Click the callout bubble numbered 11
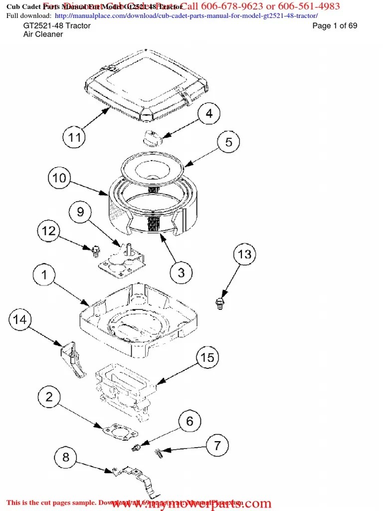coord(74,137)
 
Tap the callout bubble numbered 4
coord(209,113)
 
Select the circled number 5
coord(228,142)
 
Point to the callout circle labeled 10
coord(59,179)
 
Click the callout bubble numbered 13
coord(244,255)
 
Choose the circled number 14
coord(19,319)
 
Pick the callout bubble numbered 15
coord(207,357)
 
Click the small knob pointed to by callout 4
coord(151,137)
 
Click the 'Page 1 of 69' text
coord(335,26)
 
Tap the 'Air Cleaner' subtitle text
coord(43,34)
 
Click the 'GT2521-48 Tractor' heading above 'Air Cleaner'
coord(57,26)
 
